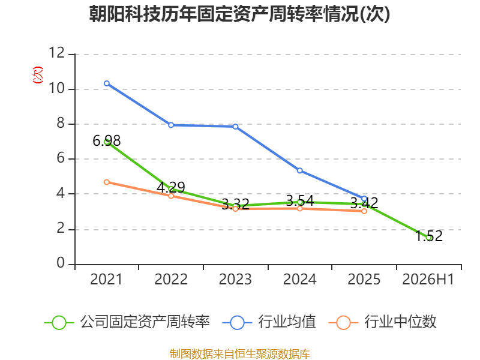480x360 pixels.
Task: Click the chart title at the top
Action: click(239, 14)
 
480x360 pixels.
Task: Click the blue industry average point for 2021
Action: click(107, 83)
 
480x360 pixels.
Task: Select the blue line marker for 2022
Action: click(171, 125)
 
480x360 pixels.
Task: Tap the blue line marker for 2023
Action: click(235, 127)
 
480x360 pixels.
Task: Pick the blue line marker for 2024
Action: click(300, 170)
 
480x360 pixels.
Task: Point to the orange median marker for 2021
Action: click(107, 182)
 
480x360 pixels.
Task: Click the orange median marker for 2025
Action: click(364, 211)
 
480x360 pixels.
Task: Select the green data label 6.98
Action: click(107, 141)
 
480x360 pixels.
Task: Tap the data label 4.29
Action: click(171, 187)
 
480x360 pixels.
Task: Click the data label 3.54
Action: click(300, 201)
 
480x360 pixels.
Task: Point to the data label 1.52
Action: click(429, 236)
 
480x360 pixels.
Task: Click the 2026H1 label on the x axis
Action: click(428, 279)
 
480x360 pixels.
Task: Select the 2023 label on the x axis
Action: click(235, 279)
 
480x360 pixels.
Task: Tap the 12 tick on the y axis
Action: click(57, 53)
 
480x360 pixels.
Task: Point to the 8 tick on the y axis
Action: click(61, 123)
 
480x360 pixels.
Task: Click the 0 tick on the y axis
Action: click(61, 263)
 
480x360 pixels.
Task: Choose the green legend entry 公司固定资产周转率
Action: click(127, 322)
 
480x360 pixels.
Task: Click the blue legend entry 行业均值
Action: click(269, 322)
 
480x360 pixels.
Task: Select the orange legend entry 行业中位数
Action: click(382, 322)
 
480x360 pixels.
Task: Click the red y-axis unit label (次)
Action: click(38, 75)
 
